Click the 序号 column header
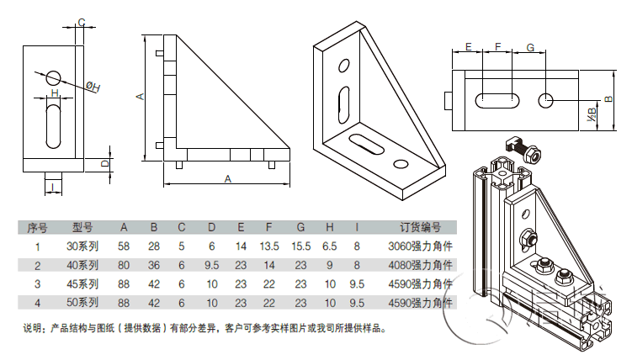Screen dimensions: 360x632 tap(37, 227)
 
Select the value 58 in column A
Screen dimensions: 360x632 tap(124, 246)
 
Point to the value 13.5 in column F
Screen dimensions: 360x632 tap(269, 246)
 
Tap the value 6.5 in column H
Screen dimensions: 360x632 tap(329, 246)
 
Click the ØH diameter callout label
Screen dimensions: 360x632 tap(93, 86)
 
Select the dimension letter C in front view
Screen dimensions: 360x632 tap(81, 22)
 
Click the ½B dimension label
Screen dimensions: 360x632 tap(592, 110)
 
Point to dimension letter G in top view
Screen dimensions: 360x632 tap(530, 48)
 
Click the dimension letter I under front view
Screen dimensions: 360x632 tap(53, 187)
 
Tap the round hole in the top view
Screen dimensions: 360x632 tap(546, 100)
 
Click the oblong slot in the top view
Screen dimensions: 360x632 tap(497, 100)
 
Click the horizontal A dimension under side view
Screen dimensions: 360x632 tap(227, 178)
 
